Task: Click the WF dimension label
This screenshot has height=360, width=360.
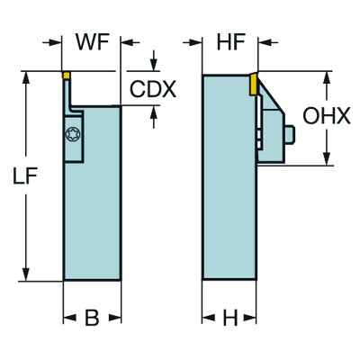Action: pos(93,41)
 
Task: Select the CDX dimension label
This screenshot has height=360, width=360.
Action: pos(153,89)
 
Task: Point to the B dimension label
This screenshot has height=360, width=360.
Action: pos(92,318)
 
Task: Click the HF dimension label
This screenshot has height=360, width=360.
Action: pos(231,41)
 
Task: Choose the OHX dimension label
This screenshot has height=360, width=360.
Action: pos(327,116)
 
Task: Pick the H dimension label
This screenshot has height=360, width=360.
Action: pos(230,318)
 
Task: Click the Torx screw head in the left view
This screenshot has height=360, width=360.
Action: pos(73,134)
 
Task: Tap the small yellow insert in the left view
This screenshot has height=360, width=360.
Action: pos(67,75)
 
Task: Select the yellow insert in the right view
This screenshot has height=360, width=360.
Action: pos(253,85)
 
